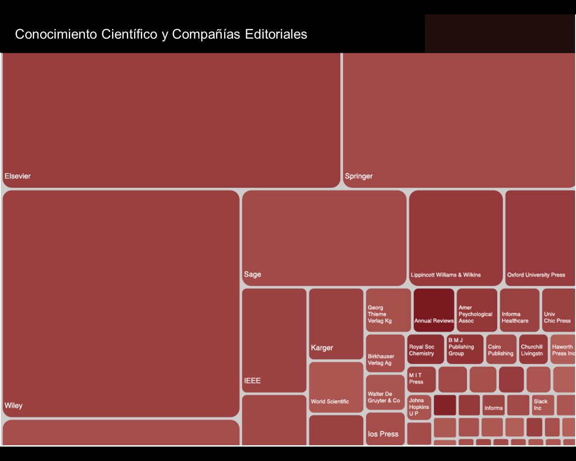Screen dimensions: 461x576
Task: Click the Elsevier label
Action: coord(18,176)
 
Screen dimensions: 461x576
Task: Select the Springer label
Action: coord(359,176)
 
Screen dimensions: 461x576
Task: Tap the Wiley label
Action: coord(13,406)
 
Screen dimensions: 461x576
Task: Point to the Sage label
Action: coord(252,274)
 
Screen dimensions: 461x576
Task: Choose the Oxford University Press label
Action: coord(536,275)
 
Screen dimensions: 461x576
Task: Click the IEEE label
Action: coord(252,381)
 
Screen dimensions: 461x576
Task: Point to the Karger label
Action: coord(322,348)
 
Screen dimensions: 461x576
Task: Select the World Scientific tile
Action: coord(336,387)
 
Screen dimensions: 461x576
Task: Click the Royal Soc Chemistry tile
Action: coord(425,348)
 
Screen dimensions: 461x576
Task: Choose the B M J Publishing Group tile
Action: coord(465,348)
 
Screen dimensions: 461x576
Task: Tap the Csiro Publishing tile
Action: coord(501,348)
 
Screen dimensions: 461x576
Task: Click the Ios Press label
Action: coord(383,434)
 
